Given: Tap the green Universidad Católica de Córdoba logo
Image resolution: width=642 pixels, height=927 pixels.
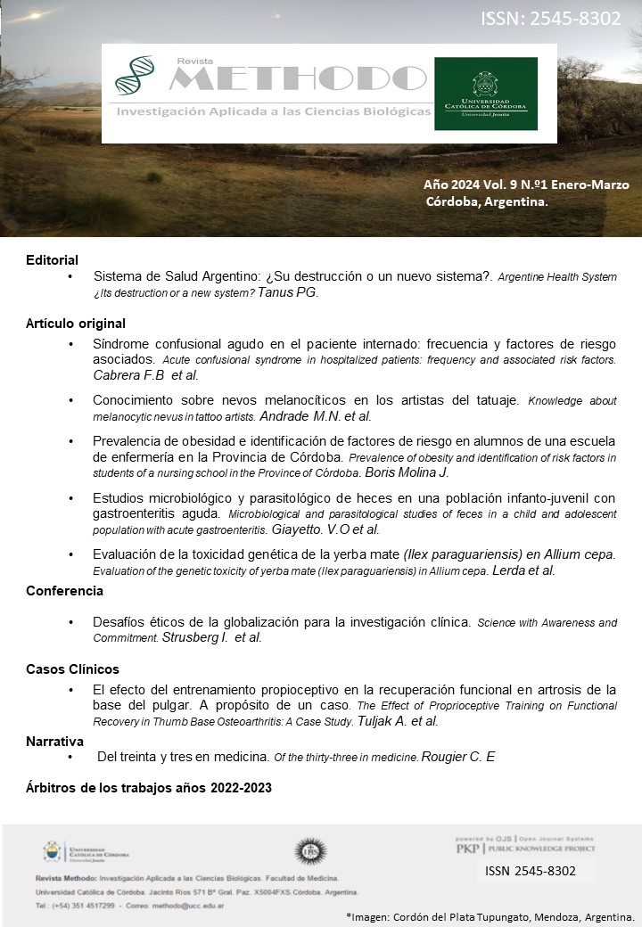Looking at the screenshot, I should pos(485,94).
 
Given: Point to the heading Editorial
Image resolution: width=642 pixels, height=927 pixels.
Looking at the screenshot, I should pos(52,259).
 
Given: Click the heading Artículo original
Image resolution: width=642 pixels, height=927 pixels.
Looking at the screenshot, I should pos(75,324).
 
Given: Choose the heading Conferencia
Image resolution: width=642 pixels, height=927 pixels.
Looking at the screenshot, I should pos(64,591).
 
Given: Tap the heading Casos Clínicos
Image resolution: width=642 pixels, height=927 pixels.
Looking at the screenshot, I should pos(72,669).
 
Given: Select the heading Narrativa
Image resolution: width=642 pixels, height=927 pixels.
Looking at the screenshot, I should pos(54,741).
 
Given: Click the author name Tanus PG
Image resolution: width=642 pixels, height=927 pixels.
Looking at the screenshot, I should pos(287,292).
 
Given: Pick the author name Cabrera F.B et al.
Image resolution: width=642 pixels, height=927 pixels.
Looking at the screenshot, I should pos(145,374).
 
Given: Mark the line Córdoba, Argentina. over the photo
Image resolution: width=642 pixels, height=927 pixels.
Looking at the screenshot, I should pos(487,201).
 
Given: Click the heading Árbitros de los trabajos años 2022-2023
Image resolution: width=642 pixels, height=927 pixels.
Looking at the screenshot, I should pos(148,788).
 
